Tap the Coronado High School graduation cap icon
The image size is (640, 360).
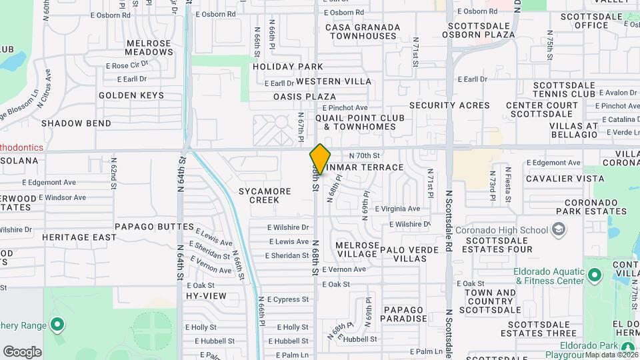pyautogui.click(x=558, y=231)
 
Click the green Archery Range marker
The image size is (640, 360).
pyautogui.click(x=57, y=325)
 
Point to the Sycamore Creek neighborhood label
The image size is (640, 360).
pyautogui.click(x=265, y=195)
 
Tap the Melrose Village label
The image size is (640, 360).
pyautogui.click(x=357, y=249)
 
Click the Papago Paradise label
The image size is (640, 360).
pyautogui.click(x=403, y=314)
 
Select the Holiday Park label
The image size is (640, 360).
pyautogui.click(x=287, y=67)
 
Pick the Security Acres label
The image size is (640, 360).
pyautogui.click(x=449, y=105)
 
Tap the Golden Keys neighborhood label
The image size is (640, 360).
pyautogui.click(x=131, y=95)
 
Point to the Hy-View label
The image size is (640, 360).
pyautogui.click(x=206, y=295)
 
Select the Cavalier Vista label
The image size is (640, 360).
pyautogui.click(x=565, y=179)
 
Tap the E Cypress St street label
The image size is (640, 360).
pyautogui.click(x=287, y=299)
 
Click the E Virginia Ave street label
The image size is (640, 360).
pyautogui.click(x=397, y=209)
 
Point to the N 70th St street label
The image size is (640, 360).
pyautogui.click(x=364, y=154)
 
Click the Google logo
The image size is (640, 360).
pyautogui.click(x=22, y=351)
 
